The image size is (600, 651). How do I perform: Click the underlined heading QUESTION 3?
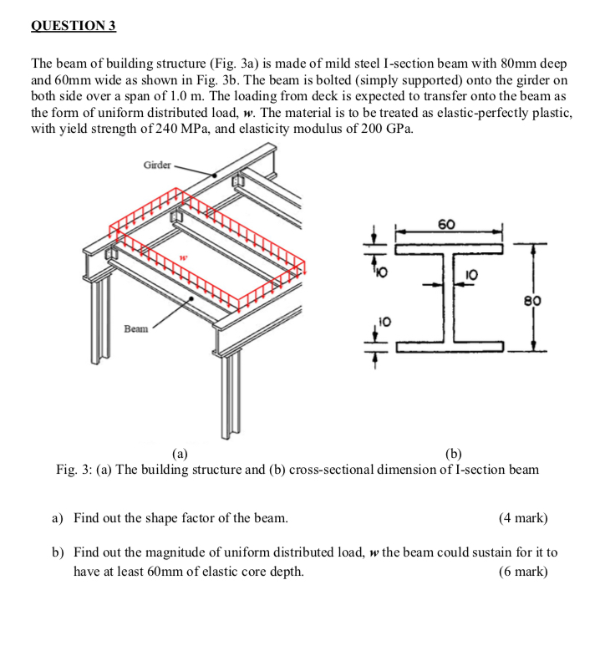click(x=74, y=26)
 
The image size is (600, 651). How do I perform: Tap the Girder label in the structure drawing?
click(x=157, y=165)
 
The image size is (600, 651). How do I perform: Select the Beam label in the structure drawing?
click(x=137, y=329)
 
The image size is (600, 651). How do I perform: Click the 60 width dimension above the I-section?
click(x=447, y=224)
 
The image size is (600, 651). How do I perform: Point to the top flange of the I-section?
click(x=449, y=248)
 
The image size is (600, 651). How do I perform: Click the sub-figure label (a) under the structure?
click(x=179, y=454)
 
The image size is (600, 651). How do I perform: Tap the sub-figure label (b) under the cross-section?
click(x=453, y=454)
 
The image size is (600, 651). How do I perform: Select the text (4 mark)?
click(x=523, y=518)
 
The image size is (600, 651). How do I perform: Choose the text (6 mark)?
click(x=523, y=572)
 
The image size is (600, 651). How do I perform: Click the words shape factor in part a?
click(x=168, y=518)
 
